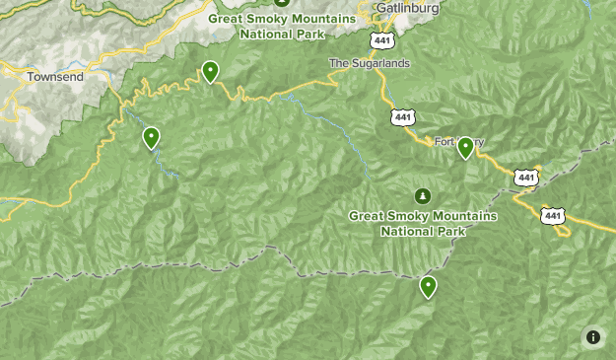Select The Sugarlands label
(369, 63)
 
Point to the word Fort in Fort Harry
(445, 142)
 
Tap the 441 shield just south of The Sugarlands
(402, 116)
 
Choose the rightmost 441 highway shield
(552, 215)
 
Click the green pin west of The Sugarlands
(210, 71)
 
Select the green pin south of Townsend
(151, 138)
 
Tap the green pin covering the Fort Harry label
(465, 148)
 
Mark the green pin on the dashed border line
(428, 287)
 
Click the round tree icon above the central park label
(424, 195)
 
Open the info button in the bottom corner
(593, 337)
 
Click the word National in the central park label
(409, 232)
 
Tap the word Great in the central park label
(370, 216)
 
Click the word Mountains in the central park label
(461, 216)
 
